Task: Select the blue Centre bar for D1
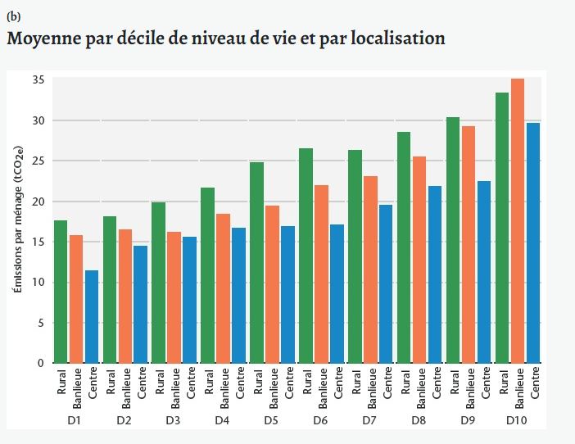click(x=93, y=317)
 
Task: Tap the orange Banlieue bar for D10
click(x=518, y=221)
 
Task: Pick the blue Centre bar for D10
click(x=534, y=242)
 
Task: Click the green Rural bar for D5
click(x=257, y=263)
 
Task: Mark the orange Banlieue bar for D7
click(x=371, y=270)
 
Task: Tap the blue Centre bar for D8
click(x=436, y=274)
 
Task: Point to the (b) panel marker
click(x=13, y=16)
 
